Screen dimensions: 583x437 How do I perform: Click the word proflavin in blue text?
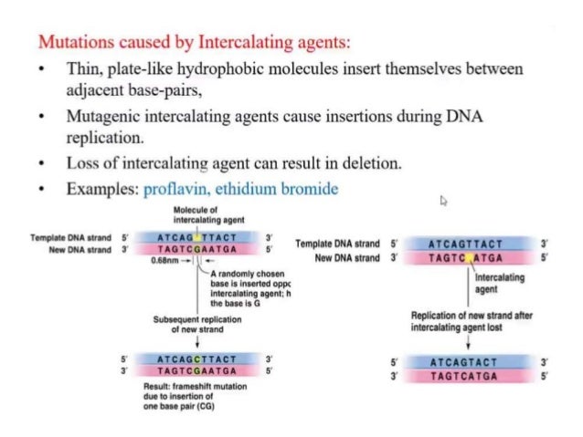(176, 189)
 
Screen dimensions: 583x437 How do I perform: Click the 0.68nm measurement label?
(164, 261)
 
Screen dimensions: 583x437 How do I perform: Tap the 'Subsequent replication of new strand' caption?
(196, 324)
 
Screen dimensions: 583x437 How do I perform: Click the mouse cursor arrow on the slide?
(443, 201)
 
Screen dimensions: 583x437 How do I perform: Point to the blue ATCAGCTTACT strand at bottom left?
(196, 359)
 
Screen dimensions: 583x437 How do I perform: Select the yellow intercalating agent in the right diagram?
(472, 259)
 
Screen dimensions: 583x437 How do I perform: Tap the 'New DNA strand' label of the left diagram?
(78, 249)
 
